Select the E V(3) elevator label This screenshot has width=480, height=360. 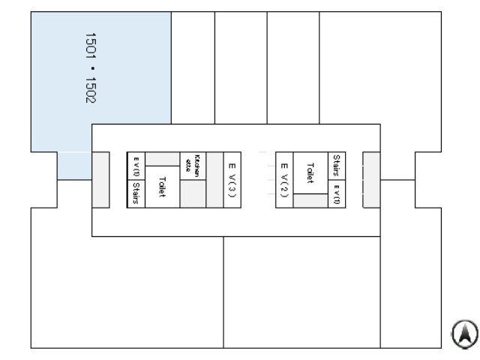[232, 180]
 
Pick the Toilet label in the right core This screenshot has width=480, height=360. [310, 172]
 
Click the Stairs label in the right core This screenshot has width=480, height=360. [337, 166]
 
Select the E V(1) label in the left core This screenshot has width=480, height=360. [136, 166]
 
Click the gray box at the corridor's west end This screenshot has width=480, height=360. [100, 180]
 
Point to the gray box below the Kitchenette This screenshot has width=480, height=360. [193, 194]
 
